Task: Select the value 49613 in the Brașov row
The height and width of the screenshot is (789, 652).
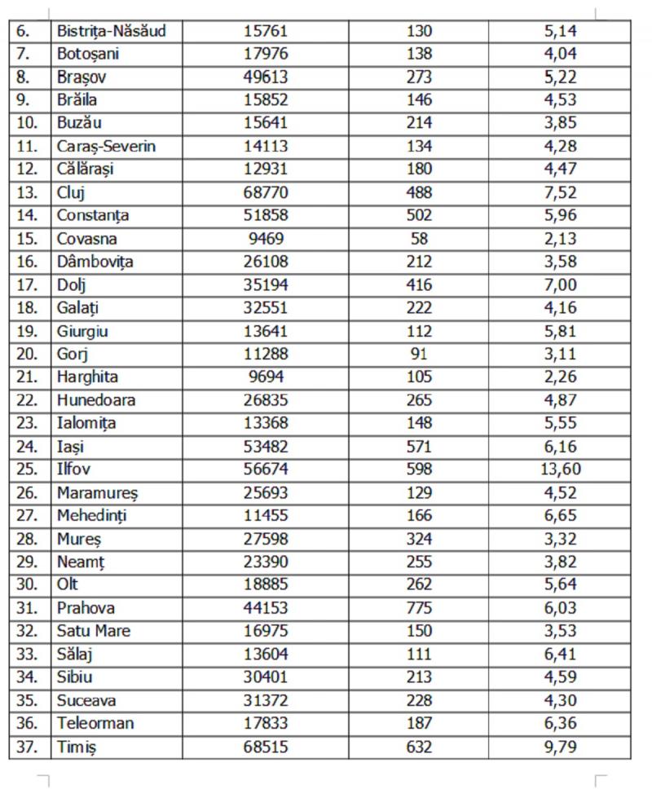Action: point(266,78)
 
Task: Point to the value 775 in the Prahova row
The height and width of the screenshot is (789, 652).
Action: point(419,608)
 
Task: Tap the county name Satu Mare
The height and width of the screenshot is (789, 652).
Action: point(94,631)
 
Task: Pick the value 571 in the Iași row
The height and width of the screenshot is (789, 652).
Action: point(419,447)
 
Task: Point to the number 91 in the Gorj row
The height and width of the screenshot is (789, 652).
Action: point(419,355)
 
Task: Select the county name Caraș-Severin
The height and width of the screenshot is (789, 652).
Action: point(105,147)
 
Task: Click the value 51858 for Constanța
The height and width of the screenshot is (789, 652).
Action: point(266,216)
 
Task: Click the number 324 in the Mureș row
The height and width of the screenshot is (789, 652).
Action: point(419,539)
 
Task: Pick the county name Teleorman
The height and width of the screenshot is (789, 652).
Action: point(95,723)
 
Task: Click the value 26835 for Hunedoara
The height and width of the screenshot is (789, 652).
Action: point(266,400)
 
